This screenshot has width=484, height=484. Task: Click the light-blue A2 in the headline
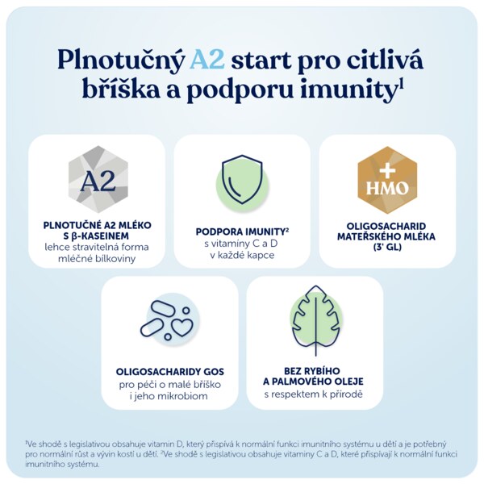click(207, 60)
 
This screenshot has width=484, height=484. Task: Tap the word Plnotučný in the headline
click(120, 61)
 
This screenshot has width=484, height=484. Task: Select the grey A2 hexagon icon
click(98, 179)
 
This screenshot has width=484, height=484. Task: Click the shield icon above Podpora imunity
click(242, 179)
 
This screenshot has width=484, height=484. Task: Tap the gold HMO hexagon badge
click(387, 180)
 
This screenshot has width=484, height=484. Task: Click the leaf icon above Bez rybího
click(315, 319)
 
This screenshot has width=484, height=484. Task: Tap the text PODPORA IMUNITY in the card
click(240, 232)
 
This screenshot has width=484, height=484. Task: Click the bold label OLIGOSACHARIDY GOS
click(170, 372)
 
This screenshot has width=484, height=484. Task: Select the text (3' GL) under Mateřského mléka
click(387, 248)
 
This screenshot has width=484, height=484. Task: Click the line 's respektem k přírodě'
click(313, 394)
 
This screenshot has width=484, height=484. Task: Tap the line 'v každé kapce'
click(242, 255)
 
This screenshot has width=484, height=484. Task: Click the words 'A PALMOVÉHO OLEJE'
click(313, 382)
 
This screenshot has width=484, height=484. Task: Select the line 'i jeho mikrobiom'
click(169, 396)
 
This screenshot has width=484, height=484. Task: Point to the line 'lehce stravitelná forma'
click(97, 247)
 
